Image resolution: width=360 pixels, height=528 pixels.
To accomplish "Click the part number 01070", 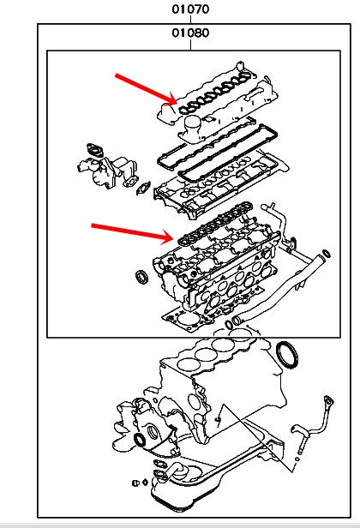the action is coord(190,9).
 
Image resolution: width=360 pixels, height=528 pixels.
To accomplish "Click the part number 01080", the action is coord(190,33).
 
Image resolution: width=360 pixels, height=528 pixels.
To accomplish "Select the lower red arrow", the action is coord(132,233).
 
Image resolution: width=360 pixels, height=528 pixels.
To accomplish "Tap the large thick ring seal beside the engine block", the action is coord(287,355).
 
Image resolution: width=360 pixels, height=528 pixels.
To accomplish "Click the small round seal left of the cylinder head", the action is coord(141,277).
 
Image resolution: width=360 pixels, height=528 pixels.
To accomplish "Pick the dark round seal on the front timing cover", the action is coord(140,440).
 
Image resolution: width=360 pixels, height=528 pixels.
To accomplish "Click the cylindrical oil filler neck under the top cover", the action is coord(193,127).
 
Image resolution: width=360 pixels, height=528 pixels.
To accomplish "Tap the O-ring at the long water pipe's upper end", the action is coord(327,254).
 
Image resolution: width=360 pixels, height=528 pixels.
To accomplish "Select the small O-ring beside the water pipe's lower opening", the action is coord(229,325).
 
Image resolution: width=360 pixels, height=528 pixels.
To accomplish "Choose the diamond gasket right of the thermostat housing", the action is coord(143,188).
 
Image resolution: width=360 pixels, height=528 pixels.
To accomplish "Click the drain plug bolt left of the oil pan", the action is coord(135,483).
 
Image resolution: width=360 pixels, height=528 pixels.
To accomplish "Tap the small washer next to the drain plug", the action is coord(145,483).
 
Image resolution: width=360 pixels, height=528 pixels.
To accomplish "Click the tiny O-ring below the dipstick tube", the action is coord(297,459).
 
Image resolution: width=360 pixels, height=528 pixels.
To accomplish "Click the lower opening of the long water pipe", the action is coord(237,320).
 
